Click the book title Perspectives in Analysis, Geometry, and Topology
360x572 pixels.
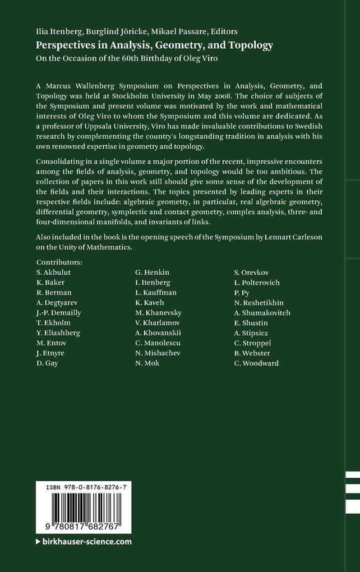pyautogui.click(x=154, y=45)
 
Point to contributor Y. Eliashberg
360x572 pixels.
pyautogui.click(x=58, y=333)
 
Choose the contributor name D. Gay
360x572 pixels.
pyautogui.click(x=48, y=363)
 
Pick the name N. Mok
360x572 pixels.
pyautogui.click(x=147, y=363)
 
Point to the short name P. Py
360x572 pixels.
pyautogui.click(x=244, y=292)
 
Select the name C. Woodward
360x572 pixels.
pyautogui.click(x=256, y=363)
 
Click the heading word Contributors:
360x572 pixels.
pyautogui.click(x=59, y=262)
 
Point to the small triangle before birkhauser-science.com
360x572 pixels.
pyautogui.click(x=39, y=542)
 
